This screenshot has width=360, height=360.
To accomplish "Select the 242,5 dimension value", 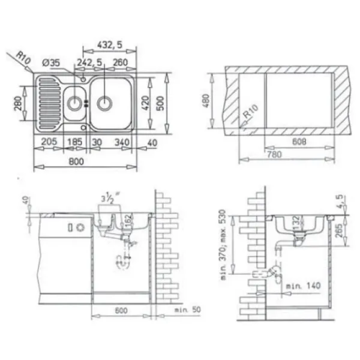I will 89,61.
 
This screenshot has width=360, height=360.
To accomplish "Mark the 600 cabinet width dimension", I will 121,313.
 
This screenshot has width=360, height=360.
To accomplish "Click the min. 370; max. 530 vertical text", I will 223,246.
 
